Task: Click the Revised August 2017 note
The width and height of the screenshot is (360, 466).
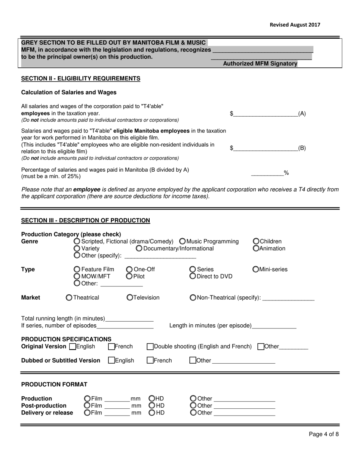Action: (x=295, y=25)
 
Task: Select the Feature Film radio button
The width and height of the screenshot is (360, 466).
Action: (x=77, y=269)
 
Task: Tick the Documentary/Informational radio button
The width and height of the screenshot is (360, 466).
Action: (x=139, y=249)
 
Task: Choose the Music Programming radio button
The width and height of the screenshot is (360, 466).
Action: (x=182, y=241)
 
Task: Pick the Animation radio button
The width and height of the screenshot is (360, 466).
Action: (x=256, y=249)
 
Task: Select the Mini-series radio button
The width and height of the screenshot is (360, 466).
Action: (x=256, y=269)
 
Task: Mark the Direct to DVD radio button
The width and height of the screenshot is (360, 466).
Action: (x=193, y=276)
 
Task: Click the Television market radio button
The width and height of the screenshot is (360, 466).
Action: (x=130, y=298)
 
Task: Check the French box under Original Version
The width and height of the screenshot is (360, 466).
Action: (x=111, y=346)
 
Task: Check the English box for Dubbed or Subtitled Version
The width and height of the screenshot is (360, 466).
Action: (x=111, y=360)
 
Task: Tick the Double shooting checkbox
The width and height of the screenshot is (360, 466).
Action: (x=150, y=346)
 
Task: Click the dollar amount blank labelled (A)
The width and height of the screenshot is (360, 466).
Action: (x=265, y=113)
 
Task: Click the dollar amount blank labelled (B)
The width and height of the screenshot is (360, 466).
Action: (x=265, y=148)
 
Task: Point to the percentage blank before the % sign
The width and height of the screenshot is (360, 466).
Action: (x=267, y=173)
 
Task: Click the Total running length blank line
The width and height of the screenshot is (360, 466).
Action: (x=129, y=318)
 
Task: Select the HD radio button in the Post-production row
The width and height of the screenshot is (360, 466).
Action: (x=152, y=405)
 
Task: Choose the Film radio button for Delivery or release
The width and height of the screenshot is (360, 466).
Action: (x=87, y=413)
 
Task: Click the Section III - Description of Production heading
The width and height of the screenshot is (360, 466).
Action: (x=86, y=220)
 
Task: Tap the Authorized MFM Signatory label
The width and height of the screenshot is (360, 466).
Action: (x=260, y=64)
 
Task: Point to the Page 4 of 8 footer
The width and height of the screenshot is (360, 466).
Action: (x=324, y=434)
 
